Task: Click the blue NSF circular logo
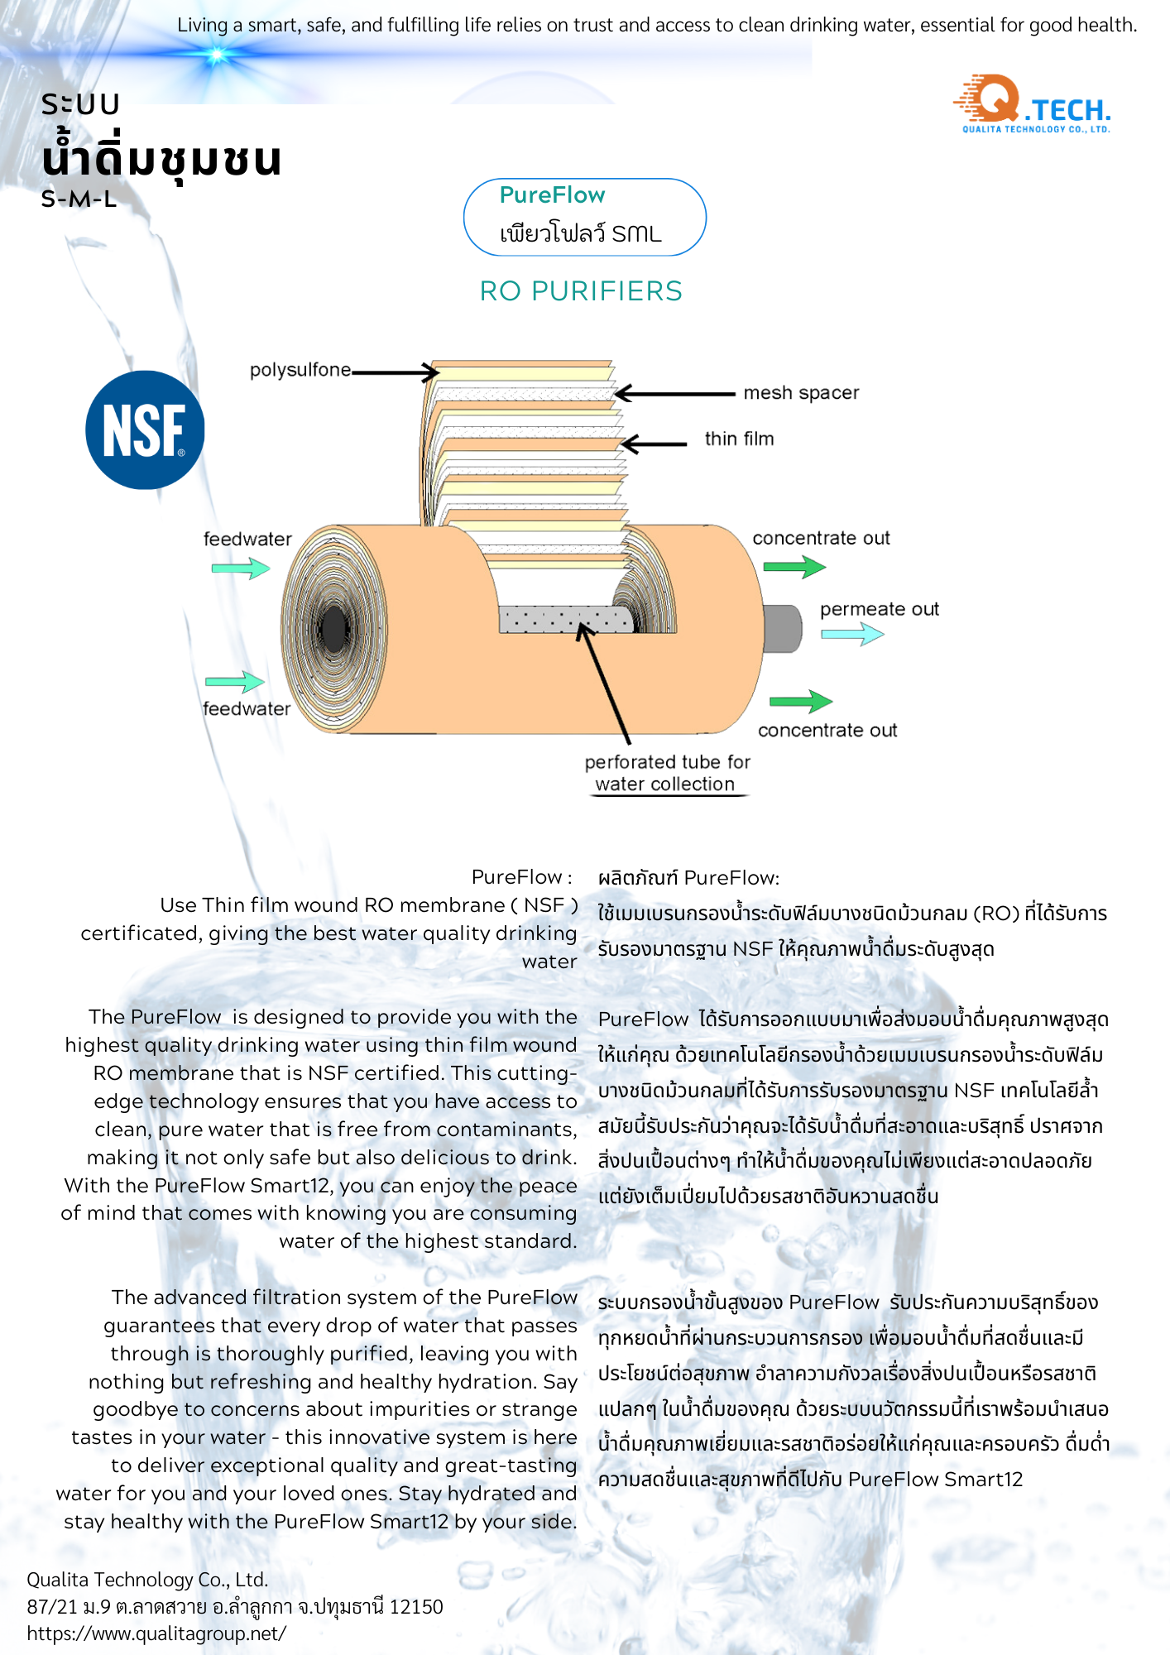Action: point(145,429)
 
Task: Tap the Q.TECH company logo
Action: point(1033,104)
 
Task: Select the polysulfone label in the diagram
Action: point(300,370)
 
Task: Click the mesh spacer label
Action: point(800,393)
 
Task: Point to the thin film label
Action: point(739,439)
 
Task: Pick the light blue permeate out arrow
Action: point(852,634)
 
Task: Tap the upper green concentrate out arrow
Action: point(794,567)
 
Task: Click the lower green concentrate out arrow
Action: point(800,702)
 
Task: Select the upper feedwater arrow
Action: point(241,568)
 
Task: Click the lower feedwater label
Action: point(247,709)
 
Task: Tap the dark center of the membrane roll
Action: point(333,629)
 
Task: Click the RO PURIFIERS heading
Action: point(581,291)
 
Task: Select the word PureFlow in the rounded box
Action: point(552,195)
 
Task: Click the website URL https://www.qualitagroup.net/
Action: point(156,1633)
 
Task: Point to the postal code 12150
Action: point(416,1607)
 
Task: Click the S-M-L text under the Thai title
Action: point(79,199)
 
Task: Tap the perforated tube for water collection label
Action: point(667,773)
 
